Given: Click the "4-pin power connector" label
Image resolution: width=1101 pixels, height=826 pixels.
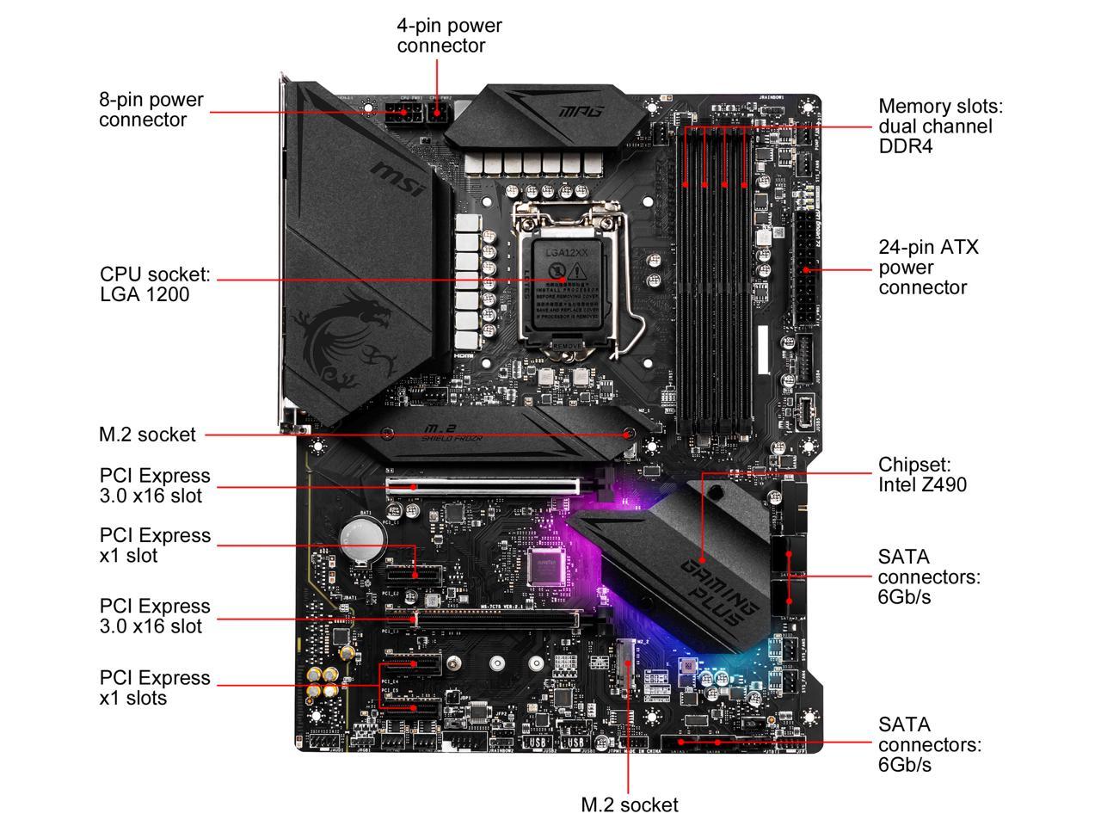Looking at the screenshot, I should [x=449, y=35].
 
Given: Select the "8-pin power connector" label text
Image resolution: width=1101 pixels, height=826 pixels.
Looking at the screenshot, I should [x=151, y=109].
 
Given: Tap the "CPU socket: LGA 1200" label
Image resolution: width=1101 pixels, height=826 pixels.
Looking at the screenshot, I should [x=155, y=284].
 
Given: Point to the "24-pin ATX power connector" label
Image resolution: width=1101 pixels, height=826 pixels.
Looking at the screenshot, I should [x=928, y=267].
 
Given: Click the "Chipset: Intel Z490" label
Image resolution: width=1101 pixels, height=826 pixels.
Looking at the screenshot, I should [x=922, y=474].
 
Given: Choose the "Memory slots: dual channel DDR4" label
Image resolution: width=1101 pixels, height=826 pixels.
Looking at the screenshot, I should [x=940, y=126].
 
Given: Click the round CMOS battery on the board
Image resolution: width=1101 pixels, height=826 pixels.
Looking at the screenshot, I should [x=359, y=539].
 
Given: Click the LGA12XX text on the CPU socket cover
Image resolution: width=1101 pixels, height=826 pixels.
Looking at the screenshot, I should [x=566, y=253].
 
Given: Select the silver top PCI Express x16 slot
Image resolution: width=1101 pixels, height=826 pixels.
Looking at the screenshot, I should [x=483, y=486].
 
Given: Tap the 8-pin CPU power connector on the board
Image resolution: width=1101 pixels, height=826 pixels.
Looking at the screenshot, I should [x=403, y=114].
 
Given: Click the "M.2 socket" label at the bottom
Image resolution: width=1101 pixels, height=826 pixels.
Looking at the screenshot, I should [x=630, y=805].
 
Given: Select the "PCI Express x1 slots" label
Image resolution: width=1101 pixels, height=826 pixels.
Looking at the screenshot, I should [x=155, y=687].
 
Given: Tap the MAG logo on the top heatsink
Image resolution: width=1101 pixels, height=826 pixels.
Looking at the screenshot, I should [x=581, y=111].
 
